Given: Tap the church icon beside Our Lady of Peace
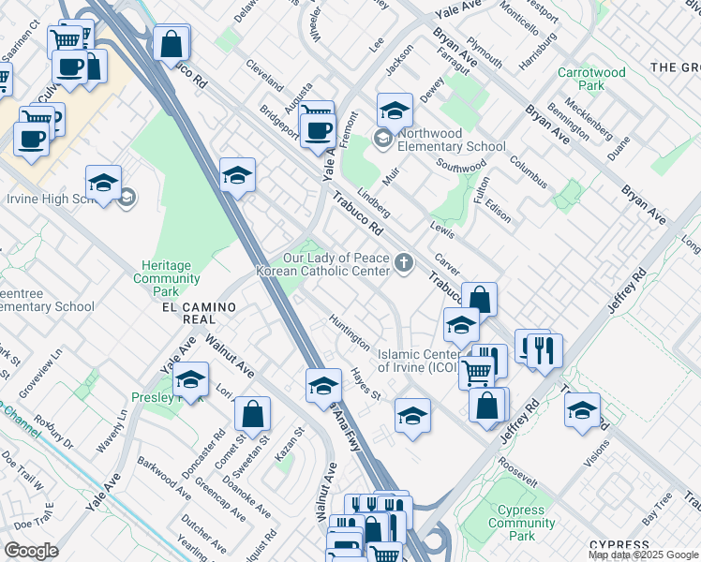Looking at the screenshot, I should [x=405, y=263].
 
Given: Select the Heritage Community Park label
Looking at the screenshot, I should [x=166, y=273].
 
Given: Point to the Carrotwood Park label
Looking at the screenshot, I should [x=591, y=79].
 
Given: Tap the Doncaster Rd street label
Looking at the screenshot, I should [x=206, y=448].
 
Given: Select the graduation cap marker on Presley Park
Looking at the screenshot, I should [x=190, y=380].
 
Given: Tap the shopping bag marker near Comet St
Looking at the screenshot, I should [x=252, y=413].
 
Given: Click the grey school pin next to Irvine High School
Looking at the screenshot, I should [x=127, y=198].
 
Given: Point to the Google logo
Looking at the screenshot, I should [x=32, y=550].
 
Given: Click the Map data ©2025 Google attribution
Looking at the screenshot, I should [x=643, y=555].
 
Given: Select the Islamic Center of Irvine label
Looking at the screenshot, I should [x=419, y=361].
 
